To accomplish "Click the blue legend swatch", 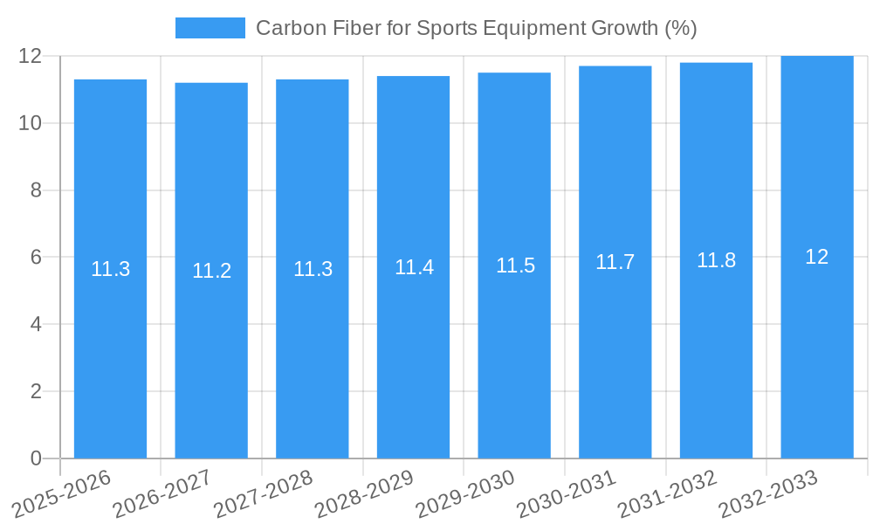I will click(x=210, y=28).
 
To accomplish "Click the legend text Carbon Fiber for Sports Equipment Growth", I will click(x=476, y=28).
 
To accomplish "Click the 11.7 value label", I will click(x=615, y=262).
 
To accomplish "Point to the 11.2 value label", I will click(x=211, y=271).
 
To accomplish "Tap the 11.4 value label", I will click(x=414, y=267).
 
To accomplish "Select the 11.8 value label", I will click(x=716, y=260).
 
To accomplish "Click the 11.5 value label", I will click(x=515, y=265).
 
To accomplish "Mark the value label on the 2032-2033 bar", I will click(x=817, y=257).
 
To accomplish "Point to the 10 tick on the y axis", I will click(x=30, y=123).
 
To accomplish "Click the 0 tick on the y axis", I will click(x=36, y=458).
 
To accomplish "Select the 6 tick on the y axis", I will click(x=36, y=258).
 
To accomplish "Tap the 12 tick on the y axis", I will click(x=30, y=56).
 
